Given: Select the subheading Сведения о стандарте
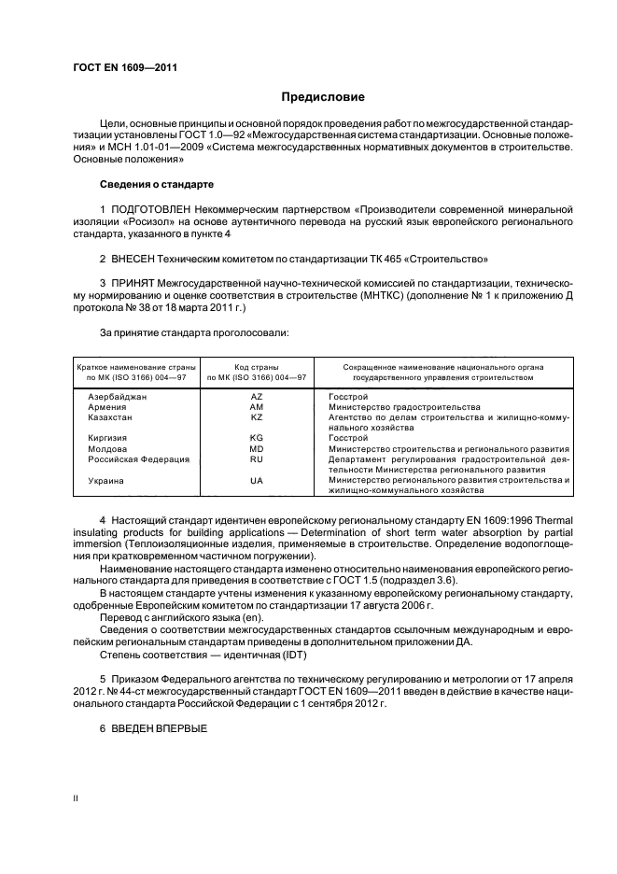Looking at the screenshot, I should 144,184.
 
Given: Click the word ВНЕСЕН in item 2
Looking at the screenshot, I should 137,257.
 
